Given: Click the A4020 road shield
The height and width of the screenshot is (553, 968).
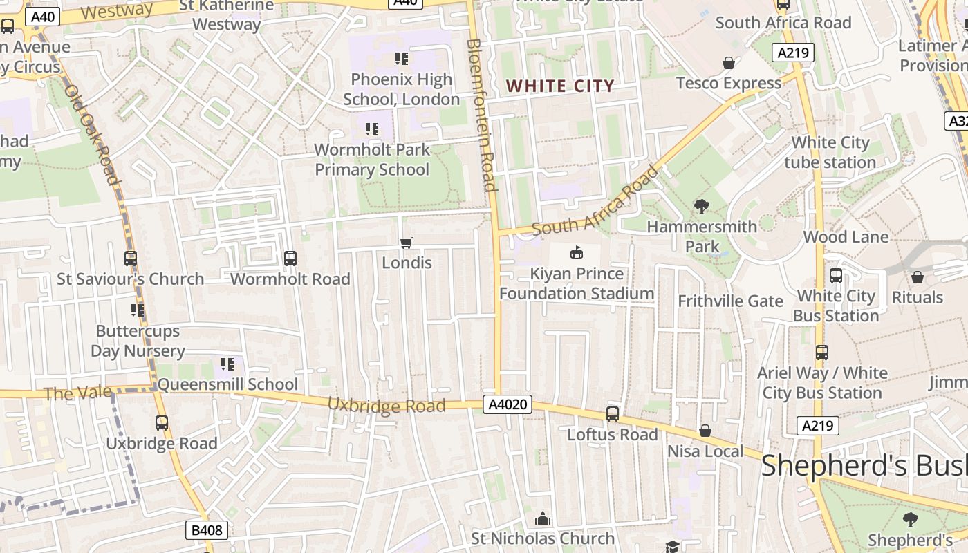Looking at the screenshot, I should coord(508,404).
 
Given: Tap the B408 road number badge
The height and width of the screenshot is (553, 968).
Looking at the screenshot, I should coord(207,530).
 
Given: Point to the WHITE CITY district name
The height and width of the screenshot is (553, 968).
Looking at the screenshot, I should coord(560,86).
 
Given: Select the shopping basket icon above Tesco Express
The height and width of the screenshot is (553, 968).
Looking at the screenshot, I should coord(728,64).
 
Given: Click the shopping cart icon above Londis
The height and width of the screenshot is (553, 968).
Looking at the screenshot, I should coord(407,243).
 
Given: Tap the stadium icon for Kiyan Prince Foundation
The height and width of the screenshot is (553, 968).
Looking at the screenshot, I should coord(576,253).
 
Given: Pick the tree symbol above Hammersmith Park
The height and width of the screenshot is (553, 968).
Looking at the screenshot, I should coord(702,206).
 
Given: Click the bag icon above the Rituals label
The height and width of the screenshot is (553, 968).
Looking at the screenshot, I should coord(918,277).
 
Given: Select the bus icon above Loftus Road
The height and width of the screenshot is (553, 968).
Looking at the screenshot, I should coord(613,414).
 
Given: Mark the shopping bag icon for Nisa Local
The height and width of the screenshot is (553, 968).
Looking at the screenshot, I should coord(705,431).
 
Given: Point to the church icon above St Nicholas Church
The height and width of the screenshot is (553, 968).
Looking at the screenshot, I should coord(543,518).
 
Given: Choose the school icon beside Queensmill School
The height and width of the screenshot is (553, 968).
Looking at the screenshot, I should coord(227,364).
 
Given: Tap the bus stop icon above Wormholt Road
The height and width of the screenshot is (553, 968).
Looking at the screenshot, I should coord(290,259).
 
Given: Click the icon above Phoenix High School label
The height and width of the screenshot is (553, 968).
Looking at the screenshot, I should coord(401,59).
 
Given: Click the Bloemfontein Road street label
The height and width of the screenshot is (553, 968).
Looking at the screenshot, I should coord(482,115).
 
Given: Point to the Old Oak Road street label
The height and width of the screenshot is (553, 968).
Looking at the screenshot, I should coord(93,135).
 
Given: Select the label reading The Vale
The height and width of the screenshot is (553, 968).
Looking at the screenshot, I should coord(77,393).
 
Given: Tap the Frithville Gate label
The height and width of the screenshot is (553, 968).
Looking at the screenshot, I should coord(730,301).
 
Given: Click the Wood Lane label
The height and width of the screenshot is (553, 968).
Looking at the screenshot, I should coord(846,237).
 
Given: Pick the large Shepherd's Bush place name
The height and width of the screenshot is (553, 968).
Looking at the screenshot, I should coord(864,466).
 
